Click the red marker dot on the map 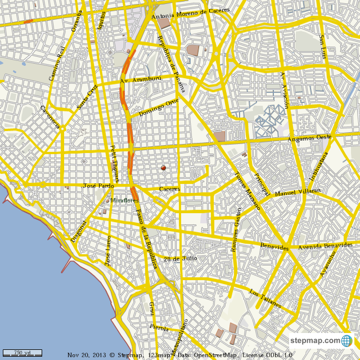(x=164, y=168)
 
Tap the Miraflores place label (x=124, y=200)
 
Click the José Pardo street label (x=98, y=185)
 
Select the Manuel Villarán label (x=298, y=192)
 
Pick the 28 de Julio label (x=180, y=259)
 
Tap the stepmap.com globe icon (x=346, y=341)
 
